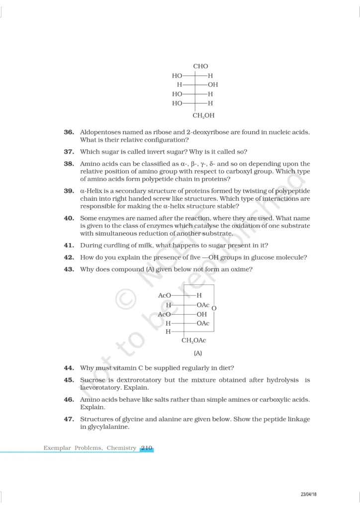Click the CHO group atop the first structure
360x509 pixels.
coord(200,66)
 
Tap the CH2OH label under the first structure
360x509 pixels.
coord(203,116)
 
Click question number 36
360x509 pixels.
coord(69,132)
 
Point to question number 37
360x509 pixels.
coord(69,152)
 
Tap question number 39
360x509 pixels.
coord(69,191)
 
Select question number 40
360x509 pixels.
coord(69,218)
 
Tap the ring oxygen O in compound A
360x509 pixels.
coord(214,309)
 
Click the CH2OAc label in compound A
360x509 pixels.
coord(194,340)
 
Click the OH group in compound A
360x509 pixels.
coord(202,314)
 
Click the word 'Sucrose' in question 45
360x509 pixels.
coord(92,380)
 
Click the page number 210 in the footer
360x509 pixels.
coord(146,448)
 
